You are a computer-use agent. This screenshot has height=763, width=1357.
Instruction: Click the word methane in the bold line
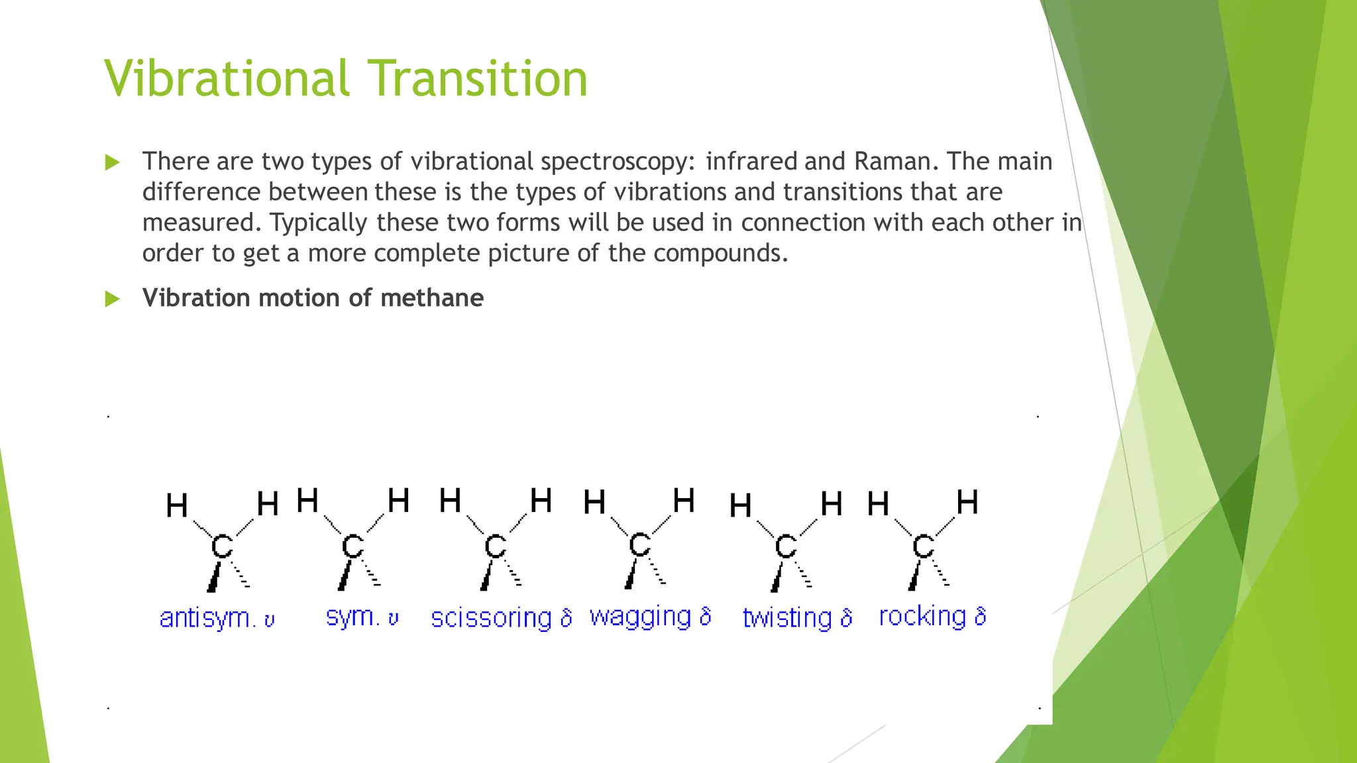[432, 298]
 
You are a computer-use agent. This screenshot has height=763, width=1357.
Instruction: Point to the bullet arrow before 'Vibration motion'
[113, 299]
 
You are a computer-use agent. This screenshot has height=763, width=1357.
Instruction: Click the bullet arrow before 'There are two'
[113, 162]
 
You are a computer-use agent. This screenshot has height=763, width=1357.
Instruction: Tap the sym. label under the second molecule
[353, 617]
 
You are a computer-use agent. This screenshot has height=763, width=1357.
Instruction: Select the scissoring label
[491, 618]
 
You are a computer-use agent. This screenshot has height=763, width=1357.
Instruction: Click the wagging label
[640, 617]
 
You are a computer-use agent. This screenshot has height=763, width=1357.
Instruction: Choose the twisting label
[787, 618]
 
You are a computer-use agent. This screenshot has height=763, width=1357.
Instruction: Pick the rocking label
[922, 617]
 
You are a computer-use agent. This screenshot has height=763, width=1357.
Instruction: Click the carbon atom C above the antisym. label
[222, 547]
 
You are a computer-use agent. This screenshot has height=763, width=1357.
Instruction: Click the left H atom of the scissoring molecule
[450, 501]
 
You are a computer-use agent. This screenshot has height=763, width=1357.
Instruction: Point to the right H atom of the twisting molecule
[831, 504]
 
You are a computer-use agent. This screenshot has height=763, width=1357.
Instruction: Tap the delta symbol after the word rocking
[981, 617]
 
